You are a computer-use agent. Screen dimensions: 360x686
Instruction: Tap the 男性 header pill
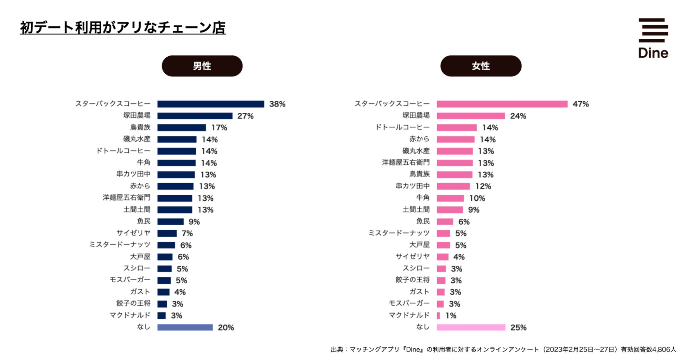tap(202, 66)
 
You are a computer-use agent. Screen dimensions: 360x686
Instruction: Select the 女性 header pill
tap(481, 66)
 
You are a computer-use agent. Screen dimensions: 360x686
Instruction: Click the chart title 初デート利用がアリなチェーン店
tap(123, 28)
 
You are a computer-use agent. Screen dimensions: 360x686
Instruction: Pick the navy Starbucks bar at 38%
tap(210, 104)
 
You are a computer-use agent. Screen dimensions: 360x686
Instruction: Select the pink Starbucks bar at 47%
tap(502, 104)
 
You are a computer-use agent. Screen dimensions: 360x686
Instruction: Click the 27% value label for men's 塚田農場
tap(245, 116)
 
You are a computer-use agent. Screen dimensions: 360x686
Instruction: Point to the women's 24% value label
tap(518, 116)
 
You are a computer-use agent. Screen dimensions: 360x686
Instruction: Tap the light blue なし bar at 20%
tap(185, 327)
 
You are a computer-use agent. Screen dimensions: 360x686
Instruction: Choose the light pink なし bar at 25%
tap(471, 327)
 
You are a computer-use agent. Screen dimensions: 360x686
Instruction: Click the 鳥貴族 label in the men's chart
tap(140, 127)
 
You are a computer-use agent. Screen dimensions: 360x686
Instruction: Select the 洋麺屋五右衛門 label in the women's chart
tap(406, 162)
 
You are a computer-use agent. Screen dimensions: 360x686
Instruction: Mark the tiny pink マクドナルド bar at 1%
tap(438, 316)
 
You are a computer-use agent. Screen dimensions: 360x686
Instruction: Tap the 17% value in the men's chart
tap(219, 128)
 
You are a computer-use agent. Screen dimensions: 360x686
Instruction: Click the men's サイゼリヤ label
tap(133, 233)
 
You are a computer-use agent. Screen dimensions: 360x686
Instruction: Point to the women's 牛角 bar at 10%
tap(450, 198)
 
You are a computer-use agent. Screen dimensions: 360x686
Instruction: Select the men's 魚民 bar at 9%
tap(170, 221)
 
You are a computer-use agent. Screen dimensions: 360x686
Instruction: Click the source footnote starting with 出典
tap(503, 349)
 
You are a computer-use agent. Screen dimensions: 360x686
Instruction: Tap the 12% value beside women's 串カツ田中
tap(483, 186)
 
